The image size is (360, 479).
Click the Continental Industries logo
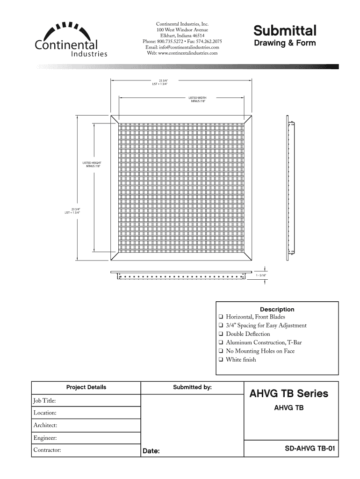click(71, 40)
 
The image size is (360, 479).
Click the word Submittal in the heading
click(285, 31)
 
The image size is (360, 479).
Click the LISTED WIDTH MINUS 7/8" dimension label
click(198, 99)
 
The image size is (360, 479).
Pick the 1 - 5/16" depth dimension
click(260, 276)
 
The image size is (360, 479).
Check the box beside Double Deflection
click(220, 334)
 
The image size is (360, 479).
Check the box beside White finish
click(220, 360)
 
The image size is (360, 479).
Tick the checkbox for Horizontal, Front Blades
click(220, 317)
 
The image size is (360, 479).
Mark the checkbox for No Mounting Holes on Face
click(220, 351)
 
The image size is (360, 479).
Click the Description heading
click(277, 309)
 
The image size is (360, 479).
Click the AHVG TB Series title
click(288, 393)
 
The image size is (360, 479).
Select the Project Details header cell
click(86, 387)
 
